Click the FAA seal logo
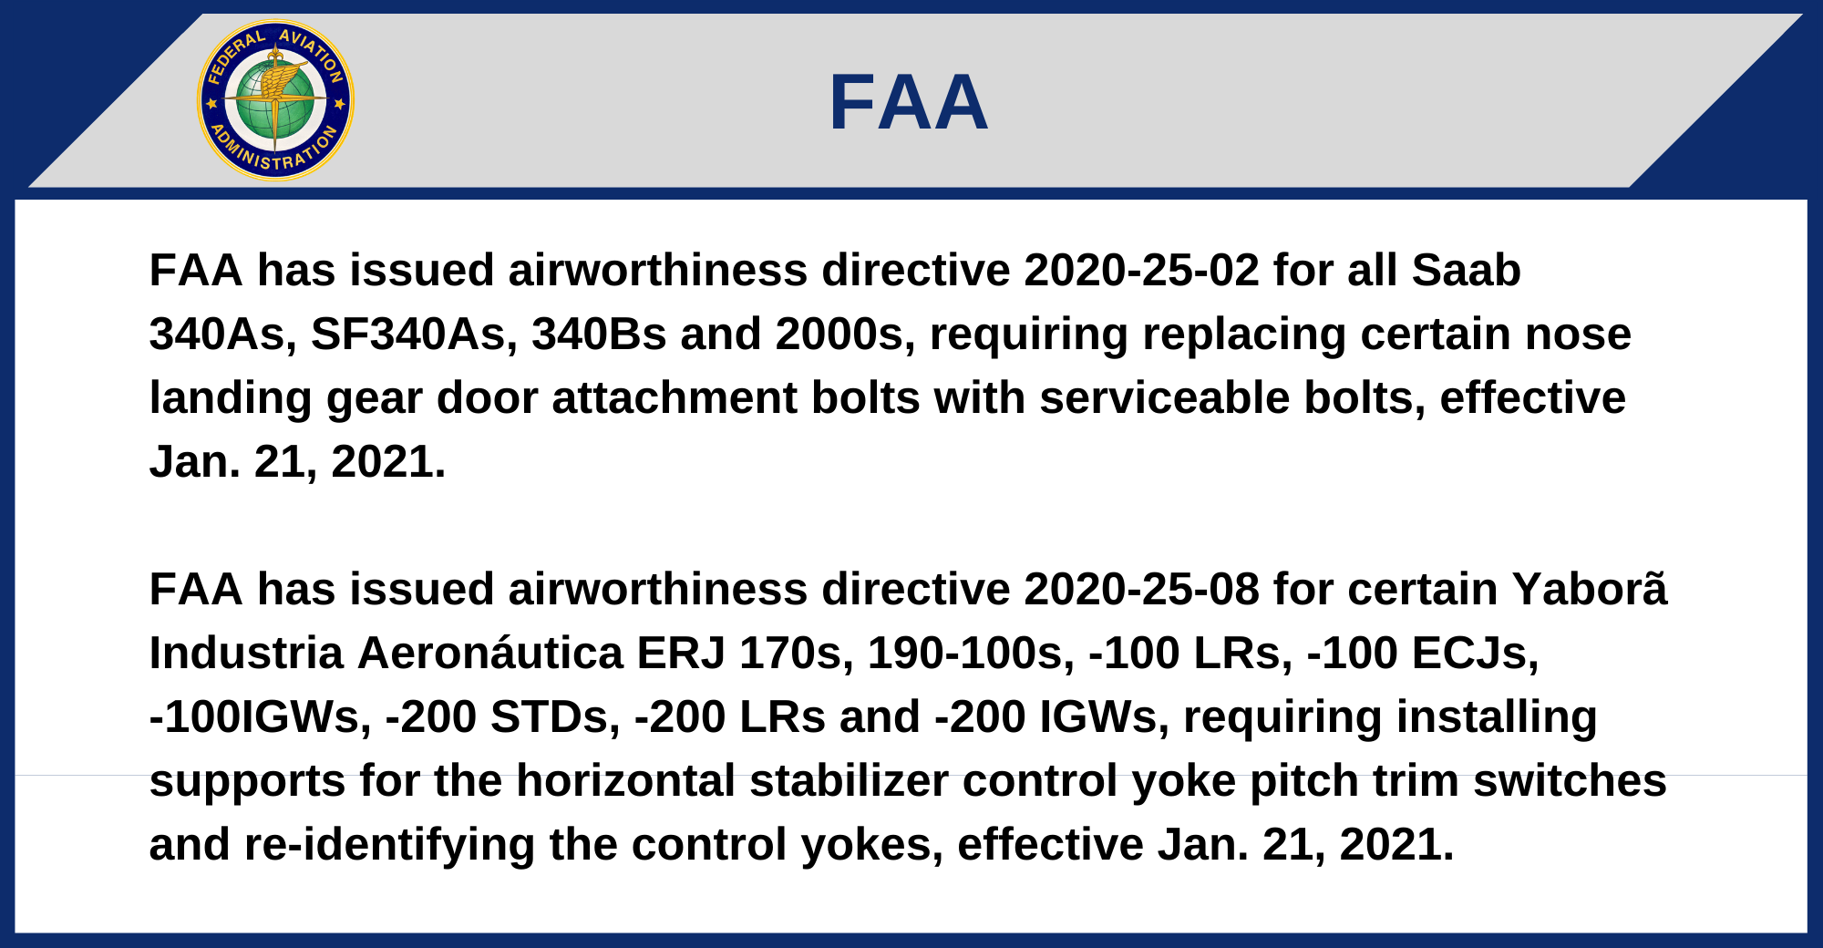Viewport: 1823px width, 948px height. [275, 100]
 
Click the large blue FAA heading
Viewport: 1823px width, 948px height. [909, 102]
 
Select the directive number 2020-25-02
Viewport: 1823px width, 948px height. [1141, 271]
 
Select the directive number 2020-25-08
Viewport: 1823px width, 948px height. [1141, 590]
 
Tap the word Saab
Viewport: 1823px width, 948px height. [1466, 271]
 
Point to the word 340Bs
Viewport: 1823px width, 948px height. [599, 335]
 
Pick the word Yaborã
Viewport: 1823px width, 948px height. [1590, 590]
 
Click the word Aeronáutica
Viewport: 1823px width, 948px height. [489, 654]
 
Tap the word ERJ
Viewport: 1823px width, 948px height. [681, 654]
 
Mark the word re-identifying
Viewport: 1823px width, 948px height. [389, 845]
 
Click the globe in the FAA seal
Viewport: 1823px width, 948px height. [275, 100]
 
